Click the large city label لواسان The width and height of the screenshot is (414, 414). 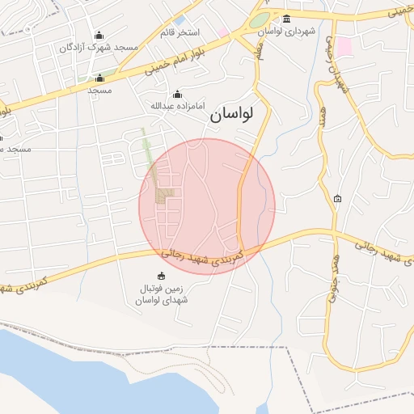coord(231,115)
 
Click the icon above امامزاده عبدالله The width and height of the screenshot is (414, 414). coord(178,95)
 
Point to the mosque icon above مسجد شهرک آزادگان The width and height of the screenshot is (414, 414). coord(99,35)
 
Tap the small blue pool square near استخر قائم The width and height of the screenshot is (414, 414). coord(180,20)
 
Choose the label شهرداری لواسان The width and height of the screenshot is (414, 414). coord(286,31)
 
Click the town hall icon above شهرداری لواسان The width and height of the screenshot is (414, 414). coord(286,19)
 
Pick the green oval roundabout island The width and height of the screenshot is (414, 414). coord(260,20)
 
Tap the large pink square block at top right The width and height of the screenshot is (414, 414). coord(345,46)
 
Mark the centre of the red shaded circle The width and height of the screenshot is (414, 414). coord(207,206)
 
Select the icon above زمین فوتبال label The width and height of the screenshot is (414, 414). coord(161,276)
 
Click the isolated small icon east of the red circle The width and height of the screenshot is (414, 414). coord(337,198)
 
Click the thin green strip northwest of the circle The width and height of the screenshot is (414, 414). coord(148,150)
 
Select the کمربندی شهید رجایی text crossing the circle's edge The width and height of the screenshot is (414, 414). coord(212,259)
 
